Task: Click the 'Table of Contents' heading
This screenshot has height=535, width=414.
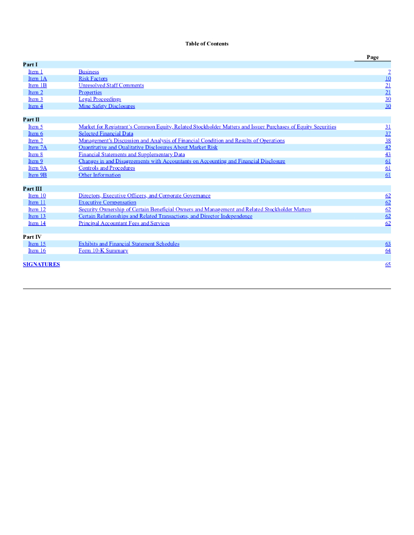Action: point(206,44)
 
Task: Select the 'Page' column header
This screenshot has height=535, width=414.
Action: point(373,57)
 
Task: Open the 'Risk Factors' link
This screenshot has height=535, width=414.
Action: point(93,78)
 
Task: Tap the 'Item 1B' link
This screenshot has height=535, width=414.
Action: point(37,85)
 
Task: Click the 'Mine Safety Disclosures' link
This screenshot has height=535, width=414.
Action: point(107,106)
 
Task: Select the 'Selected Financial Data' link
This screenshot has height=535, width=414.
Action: point(106,134)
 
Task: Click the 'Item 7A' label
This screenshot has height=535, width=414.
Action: point(37,147)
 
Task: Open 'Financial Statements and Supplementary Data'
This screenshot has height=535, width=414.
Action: point(132,154)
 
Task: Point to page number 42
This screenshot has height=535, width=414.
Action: point(388,147)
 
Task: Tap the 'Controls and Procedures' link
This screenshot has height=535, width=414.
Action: point(107,168)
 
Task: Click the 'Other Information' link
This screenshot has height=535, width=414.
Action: point(99,175)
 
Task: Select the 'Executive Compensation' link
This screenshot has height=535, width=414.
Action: point(107,202)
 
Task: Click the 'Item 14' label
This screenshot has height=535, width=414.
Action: point(37,223)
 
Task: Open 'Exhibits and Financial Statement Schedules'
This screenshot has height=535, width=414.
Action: point(129,244)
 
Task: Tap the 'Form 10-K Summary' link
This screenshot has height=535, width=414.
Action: point(103,251)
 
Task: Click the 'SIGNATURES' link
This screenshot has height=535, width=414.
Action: point(41,264)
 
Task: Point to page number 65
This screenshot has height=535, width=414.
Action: point(388,264)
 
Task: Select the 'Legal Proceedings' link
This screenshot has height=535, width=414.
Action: point(99,99)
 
